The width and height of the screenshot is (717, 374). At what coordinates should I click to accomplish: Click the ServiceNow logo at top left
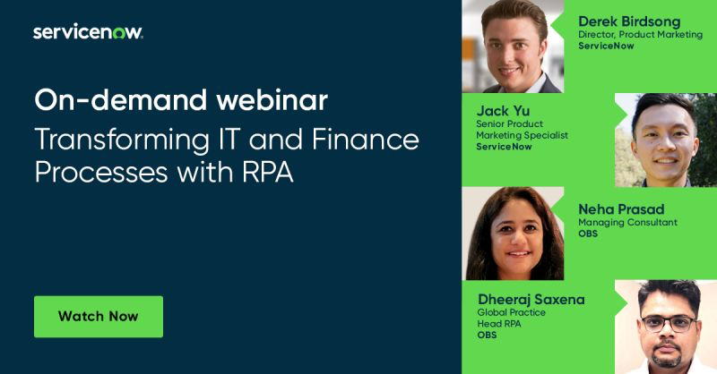(x=88, y=32)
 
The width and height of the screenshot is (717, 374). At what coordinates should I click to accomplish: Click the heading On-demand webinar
(x=181, y=99)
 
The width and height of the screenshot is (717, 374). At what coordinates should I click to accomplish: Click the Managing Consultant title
(x=627, y=222)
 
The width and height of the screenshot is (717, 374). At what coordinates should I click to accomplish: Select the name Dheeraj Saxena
(x=531, y=299)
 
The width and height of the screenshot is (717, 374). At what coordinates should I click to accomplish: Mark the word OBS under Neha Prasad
(x=588, y=234)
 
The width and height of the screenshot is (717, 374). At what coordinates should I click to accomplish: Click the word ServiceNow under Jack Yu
(x=505, y=147)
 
